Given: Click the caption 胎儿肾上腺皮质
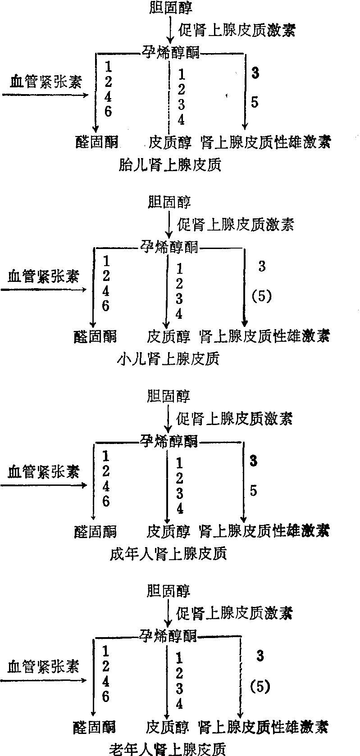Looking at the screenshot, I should pyautogui.click(x=169, y=165).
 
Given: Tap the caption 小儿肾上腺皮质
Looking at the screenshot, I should pyautogui.click(x=168, y=359).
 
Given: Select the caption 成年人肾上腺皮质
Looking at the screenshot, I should pyautogui.click(x=168, y=553).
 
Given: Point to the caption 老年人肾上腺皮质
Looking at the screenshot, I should pyautogui.click(x=167, y=748).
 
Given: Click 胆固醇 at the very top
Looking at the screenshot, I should pyautogui.click(x=171, y=8).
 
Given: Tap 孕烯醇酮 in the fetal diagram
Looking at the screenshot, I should pyautogui.click(x=171, y=53).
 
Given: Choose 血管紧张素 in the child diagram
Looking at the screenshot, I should pyautogui.click(x=43, y=276).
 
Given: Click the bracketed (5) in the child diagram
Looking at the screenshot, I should pyautogui.click(x=262, y=296).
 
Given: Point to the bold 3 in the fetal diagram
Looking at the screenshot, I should pyautogui.click(x=255, y=73).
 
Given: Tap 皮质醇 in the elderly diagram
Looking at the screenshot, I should pyautogui.click(x=168, y=726).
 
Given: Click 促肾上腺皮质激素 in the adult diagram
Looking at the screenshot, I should pyautogui.click(x=235, y=419).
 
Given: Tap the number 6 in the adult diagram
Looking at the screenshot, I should pyautogui.click(x=106, y=501).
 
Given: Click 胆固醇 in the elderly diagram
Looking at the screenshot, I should pyautogui.click(x=169, y=590).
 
